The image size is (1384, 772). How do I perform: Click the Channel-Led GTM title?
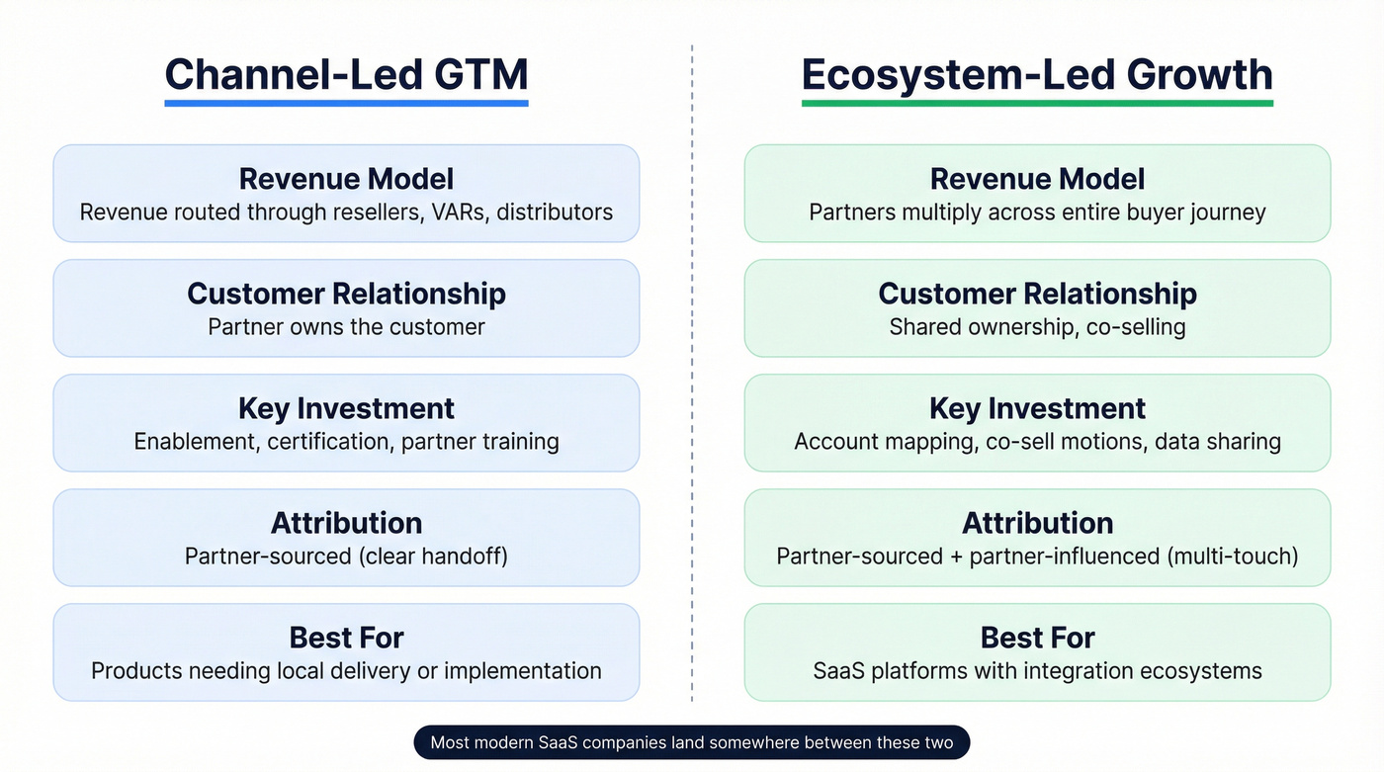tap(346, 74)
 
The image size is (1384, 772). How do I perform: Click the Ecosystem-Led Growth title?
tap(1037, 74)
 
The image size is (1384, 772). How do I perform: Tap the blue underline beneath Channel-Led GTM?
tap(346, 102)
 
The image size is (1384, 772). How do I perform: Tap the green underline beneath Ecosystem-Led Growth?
tap(1037, 102)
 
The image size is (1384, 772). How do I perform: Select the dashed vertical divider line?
tap(692, 395)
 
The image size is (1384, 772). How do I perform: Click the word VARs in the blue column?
tap(458, 213)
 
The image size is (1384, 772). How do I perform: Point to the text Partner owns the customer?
tap(346, 327)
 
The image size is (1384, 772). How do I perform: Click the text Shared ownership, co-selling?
tap(1037, 327)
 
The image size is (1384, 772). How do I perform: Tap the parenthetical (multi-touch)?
tap(1233, 557)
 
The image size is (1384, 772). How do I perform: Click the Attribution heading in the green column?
tap(1037, 523)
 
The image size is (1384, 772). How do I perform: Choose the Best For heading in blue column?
tap(346, 638)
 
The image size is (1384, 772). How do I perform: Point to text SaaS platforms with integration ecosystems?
tap(1037, 671)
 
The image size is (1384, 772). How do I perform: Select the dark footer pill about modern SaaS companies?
tap(692, 742)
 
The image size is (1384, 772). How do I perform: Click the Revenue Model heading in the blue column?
tap(346, 179)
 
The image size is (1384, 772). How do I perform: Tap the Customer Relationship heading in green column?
tap(1037, 294)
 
